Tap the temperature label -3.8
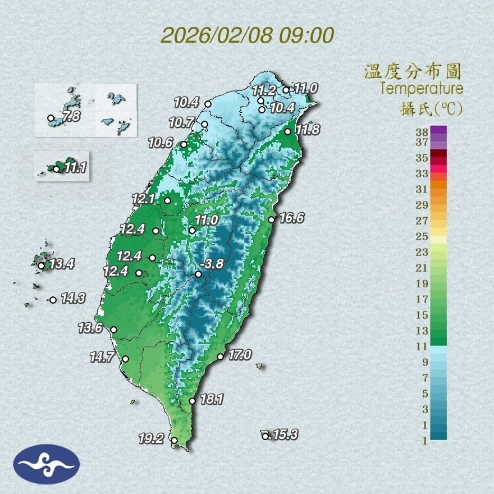[x=212, y=263]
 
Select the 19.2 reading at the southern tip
[x=151, y=439]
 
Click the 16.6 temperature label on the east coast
[x=291, y=218]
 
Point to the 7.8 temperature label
[x=71, y=117]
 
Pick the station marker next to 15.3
[x=265, y=436]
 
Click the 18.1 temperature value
[x=212, y=400]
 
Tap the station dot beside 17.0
[x=221, y=356]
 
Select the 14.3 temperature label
[x=73, y=299]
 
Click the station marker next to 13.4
[x=41, y=266]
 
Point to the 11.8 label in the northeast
[x=308, y=130]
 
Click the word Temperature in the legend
[x=421, y=89]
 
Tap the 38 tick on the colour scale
[x=422, y=132]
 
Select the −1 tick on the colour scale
[x=421, y=441]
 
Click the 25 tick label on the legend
[x=422, y=236]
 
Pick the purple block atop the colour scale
[x=439, y=130]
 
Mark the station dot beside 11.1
[x=56, y=168]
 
